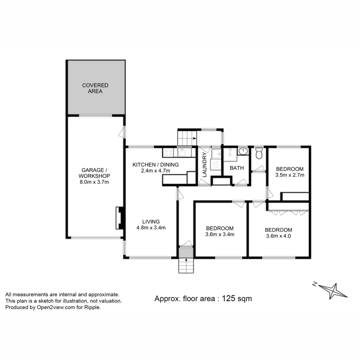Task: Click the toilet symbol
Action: click(259, 154)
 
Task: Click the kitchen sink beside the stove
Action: click(182, 153)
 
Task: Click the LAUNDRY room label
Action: click(205, 165)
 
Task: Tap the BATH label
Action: click(237, 168)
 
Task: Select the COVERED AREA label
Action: click(95, 88)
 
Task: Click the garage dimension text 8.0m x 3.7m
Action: click(94, 182)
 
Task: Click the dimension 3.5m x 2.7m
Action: click(290, 175)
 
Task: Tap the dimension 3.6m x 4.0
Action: click(278, 236)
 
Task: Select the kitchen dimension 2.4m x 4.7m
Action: click(156, 171)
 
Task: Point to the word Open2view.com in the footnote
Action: click(52, 307)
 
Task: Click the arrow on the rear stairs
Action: click(194, 138)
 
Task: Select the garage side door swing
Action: click(122, 133)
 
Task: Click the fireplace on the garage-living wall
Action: click(119, 218)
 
